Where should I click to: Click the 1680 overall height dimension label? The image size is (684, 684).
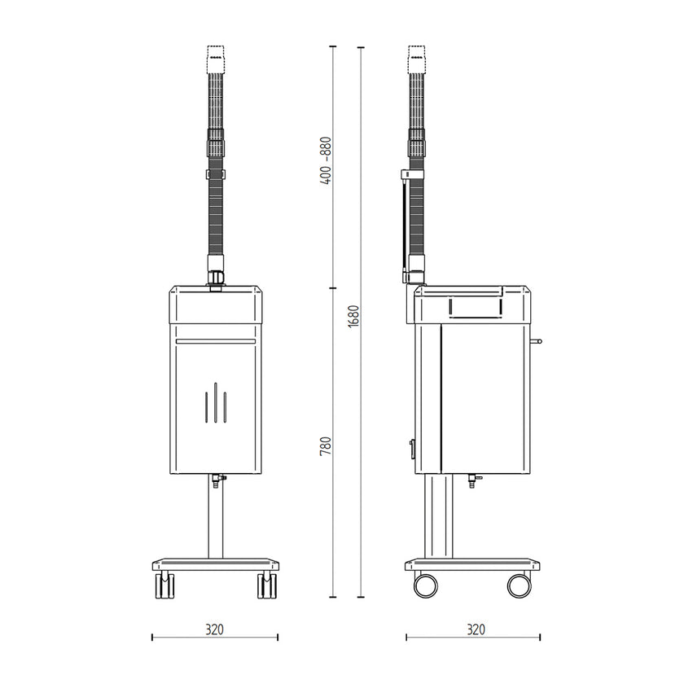coord(353,316)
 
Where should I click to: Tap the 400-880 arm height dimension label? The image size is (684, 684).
coord(326,159)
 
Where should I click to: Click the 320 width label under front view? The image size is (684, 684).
coord(214,629)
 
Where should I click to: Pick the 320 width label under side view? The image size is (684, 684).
coord(476,629)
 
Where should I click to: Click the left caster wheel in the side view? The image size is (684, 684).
coord(425,584)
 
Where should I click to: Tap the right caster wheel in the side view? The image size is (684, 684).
coord(519,584)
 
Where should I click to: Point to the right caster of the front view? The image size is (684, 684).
coord(266,585)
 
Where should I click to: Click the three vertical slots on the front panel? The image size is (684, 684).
coord(215,404)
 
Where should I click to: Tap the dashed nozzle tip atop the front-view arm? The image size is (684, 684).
coord(216,57)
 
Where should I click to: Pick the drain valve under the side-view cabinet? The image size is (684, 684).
coord(471,481)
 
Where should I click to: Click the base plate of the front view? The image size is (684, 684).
coord(216,563)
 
